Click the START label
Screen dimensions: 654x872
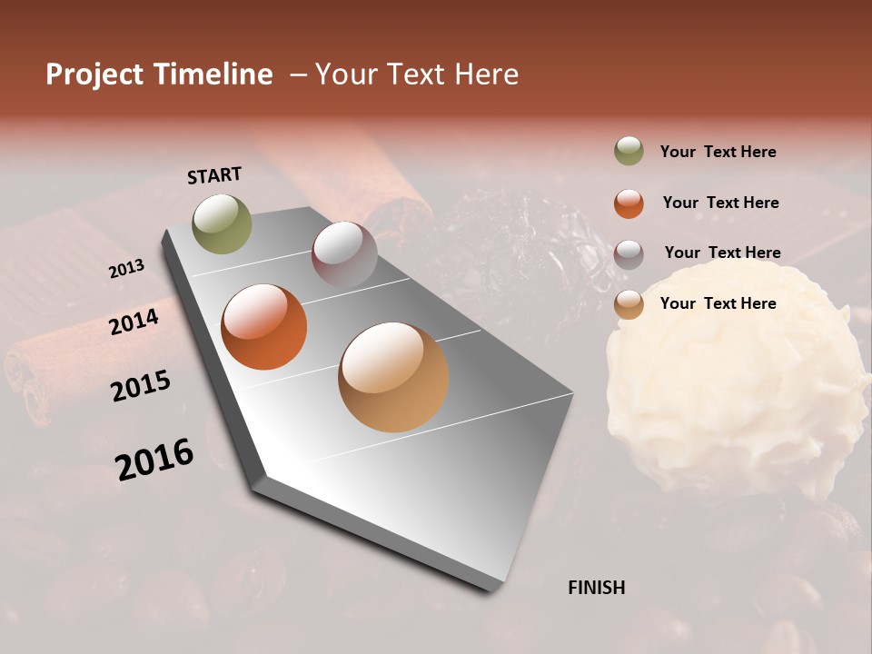(x=214, y=175)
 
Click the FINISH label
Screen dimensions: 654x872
(x=596, y=587)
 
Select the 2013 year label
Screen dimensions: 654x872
(x=126, y=269)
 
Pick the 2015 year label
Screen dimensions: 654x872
(x=140, y=386)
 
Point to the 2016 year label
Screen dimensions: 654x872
(x=154, y=460)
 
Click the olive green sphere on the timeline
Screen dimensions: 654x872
(x=222, y=223)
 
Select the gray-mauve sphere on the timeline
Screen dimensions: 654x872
(x=343, y=254)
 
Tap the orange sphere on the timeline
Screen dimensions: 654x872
(x=263, y=327)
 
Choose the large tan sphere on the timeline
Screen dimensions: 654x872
(x=393, y=377)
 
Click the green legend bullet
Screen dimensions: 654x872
(x=629, y=151)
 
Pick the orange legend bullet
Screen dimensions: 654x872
(x=629, y=203)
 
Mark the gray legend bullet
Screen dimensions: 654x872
(x=629, y=253)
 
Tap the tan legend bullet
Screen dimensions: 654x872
(x=629, y=304)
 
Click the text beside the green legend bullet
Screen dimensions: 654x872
(x=718, y=152)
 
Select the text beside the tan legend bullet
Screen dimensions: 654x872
(x=718, y=303)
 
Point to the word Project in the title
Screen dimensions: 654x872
(x=95, y=74)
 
